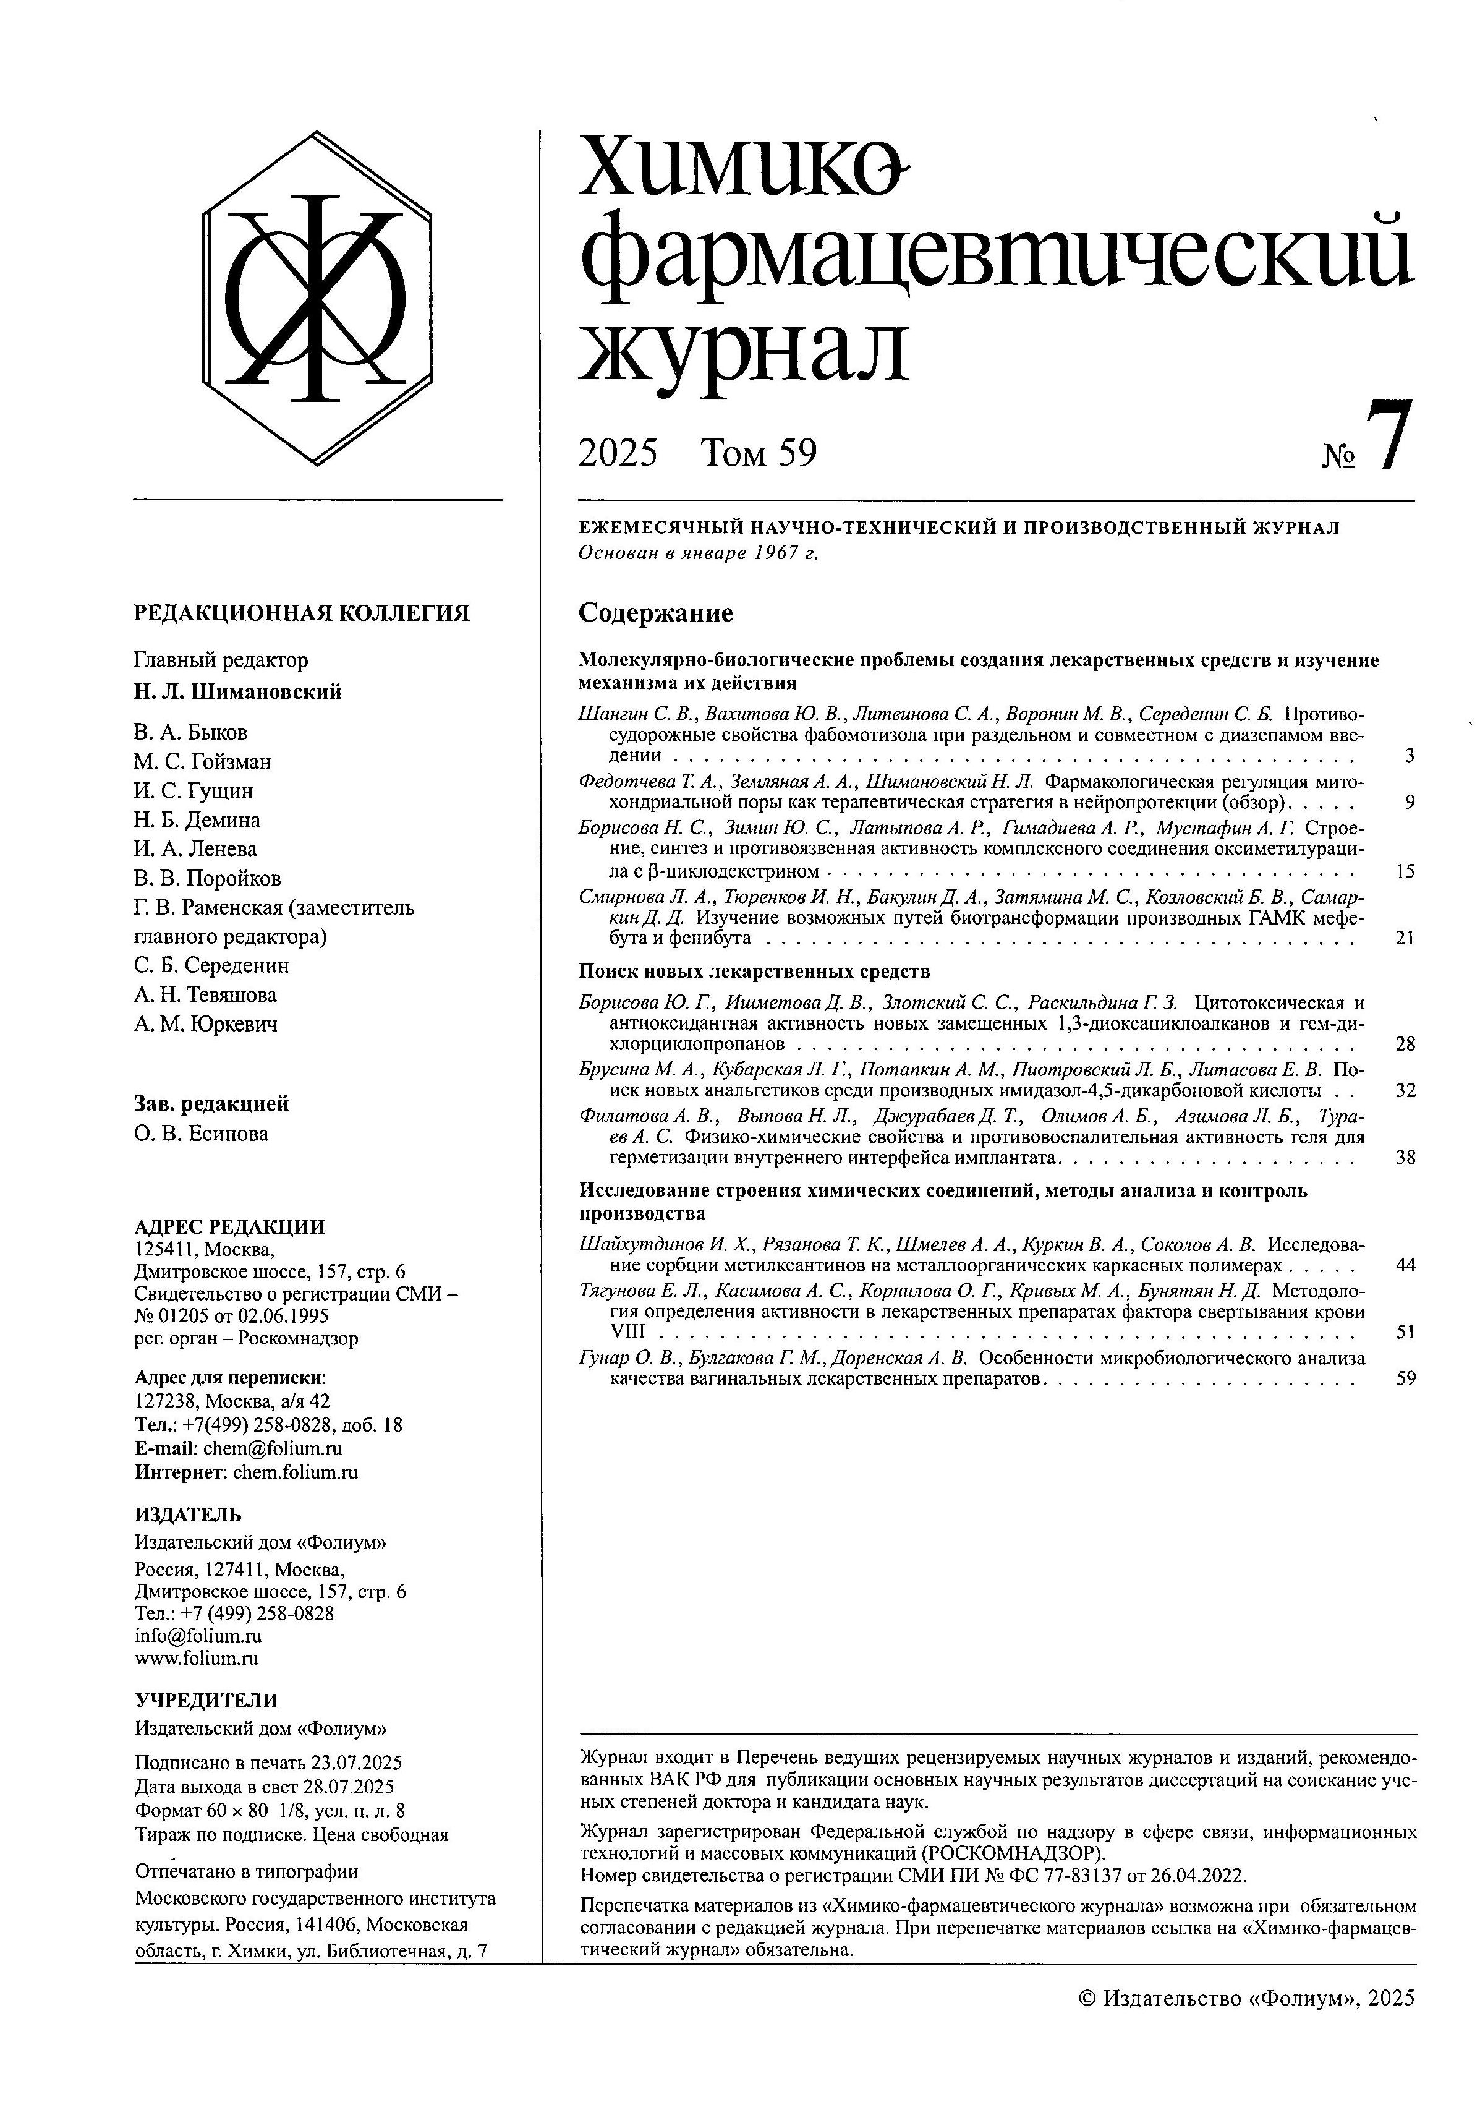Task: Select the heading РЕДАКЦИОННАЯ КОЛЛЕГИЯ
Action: [x=301, y=612]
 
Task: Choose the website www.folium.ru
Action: [x=197, y=1658]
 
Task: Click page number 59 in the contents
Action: [x=1405, y=1378]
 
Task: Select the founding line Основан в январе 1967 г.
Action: [x=699, y=553]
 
